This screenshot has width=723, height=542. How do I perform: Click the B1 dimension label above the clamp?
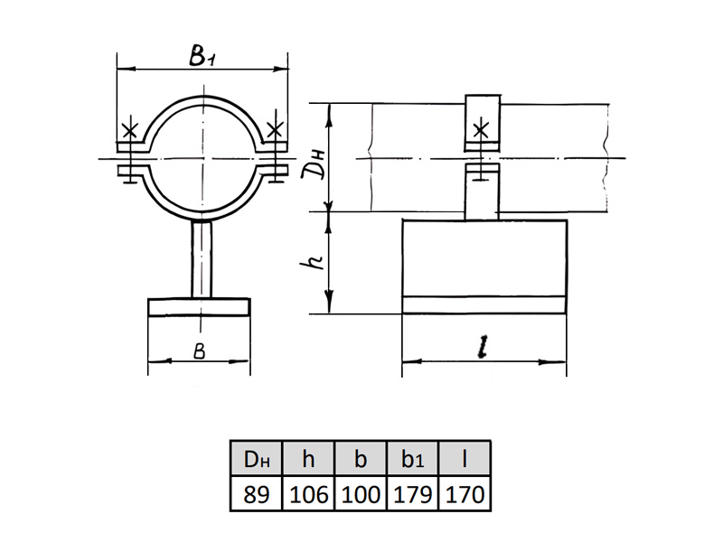coord(201,56)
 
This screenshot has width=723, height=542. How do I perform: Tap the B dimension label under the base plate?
coord(199,351)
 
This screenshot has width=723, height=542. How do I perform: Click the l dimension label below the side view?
coord(483,347)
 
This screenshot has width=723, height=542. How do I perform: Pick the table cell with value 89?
coord(257,494)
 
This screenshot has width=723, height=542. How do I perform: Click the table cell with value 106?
coord(308,494)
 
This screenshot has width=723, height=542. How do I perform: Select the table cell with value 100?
coord(361,494)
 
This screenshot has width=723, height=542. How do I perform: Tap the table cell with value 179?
coord(413,494)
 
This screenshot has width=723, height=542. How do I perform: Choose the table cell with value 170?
coord(465,494)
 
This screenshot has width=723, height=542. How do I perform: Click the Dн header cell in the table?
coord(257,459)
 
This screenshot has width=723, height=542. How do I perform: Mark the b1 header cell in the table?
coord(413,459)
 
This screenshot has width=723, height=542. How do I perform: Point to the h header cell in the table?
coord(308,459)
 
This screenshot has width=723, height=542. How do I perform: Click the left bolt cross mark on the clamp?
coord(130,131)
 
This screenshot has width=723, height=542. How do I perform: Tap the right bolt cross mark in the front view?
coord(275,130)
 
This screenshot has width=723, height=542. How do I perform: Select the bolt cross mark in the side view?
coord(481,131)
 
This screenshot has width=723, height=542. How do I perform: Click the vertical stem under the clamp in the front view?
coord(202,259)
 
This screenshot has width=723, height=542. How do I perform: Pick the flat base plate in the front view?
coord(199,307)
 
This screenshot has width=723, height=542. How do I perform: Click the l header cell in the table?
coord(465,459)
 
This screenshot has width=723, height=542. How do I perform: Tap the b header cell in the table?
coord(361,459)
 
